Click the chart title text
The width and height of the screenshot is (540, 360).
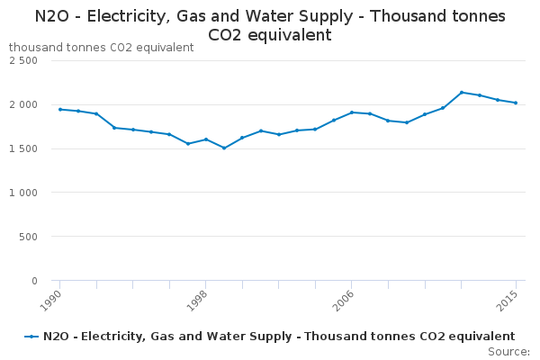270,25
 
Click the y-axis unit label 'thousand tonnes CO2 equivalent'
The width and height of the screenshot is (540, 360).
101,48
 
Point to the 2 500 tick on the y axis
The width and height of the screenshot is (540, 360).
23,60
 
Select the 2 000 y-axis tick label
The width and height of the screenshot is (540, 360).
23,104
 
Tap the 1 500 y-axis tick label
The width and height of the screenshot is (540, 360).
23,148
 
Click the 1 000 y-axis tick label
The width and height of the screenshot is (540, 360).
23,193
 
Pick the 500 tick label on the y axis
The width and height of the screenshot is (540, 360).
29,237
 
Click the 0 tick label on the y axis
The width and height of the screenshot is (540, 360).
34,281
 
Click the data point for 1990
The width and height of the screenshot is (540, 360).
59,109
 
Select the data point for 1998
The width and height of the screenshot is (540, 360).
206,139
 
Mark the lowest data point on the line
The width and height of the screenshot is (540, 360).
224,148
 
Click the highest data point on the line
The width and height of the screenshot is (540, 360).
462,92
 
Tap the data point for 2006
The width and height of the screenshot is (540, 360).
352,112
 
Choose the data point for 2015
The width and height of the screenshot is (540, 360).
516,103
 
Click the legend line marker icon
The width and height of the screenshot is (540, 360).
31,337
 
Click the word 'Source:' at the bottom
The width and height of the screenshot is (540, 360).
508,351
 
